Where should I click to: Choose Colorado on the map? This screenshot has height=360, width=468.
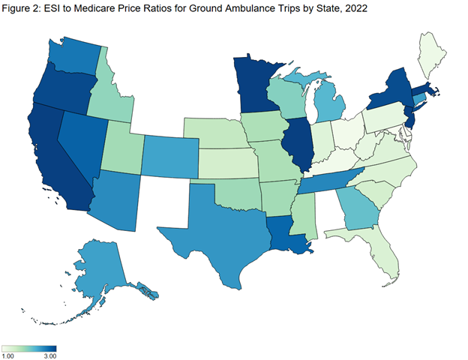tap(169, 158)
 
